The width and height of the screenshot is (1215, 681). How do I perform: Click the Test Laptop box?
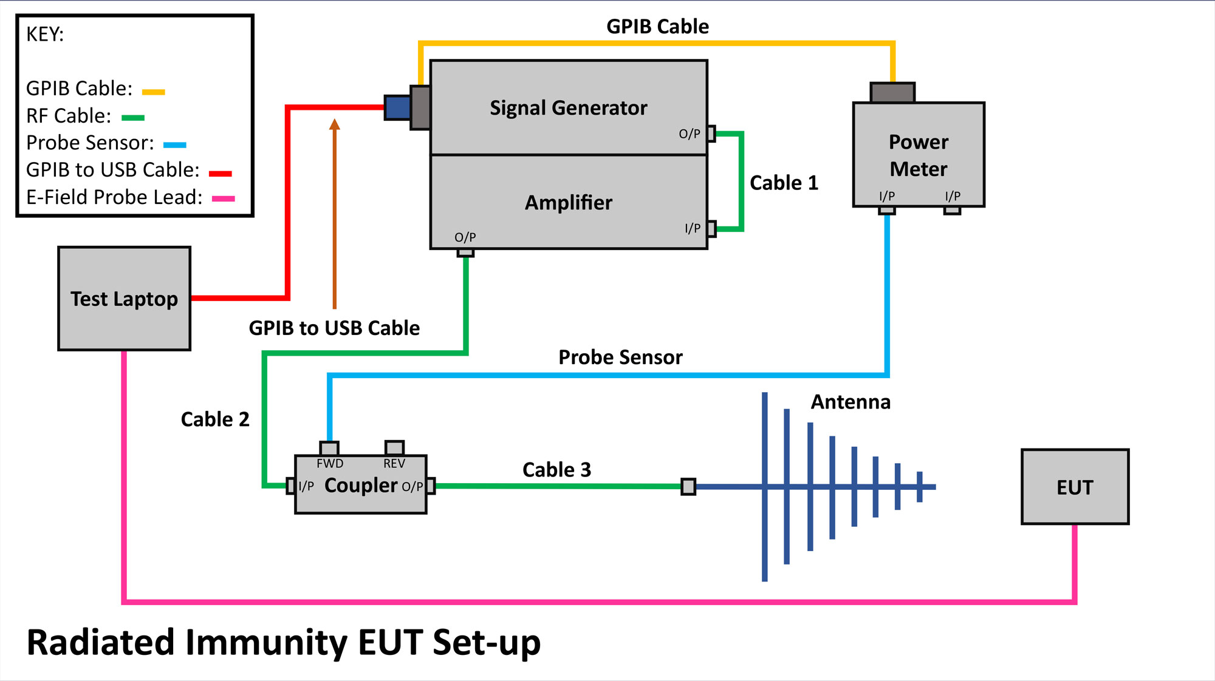(x=124, y=299)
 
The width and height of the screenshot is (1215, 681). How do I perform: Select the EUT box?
(x=1075, y=487)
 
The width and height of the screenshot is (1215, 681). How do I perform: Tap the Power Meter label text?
(x=918, y=155)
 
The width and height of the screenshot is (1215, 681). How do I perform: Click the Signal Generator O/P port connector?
(x=711, y=134)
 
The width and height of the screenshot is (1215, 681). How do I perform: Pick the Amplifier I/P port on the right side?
(x=711, y=229)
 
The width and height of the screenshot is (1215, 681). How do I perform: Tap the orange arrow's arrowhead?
(x=334, y=124)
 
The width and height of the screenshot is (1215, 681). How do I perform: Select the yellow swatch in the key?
(x=153, y=92)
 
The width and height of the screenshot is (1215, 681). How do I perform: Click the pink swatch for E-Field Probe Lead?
(x=223, y=198)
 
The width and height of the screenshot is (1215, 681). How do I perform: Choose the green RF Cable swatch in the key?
(x=133, y=118)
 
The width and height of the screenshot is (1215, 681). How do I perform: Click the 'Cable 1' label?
(x=784, y=183)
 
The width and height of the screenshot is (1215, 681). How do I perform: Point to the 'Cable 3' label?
(x=556, y=470)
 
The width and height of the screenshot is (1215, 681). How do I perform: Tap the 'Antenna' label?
(x=850, y=402)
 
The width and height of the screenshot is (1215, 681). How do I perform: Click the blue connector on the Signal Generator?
(x=397, y=107)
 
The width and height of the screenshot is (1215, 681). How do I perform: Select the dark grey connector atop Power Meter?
(x=892, y=93)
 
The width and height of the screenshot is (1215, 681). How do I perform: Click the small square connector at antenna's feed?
(x=688, y=487)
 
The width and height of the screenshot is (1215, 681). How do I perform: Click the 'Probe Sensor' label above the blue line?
(x=620, y=357)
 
